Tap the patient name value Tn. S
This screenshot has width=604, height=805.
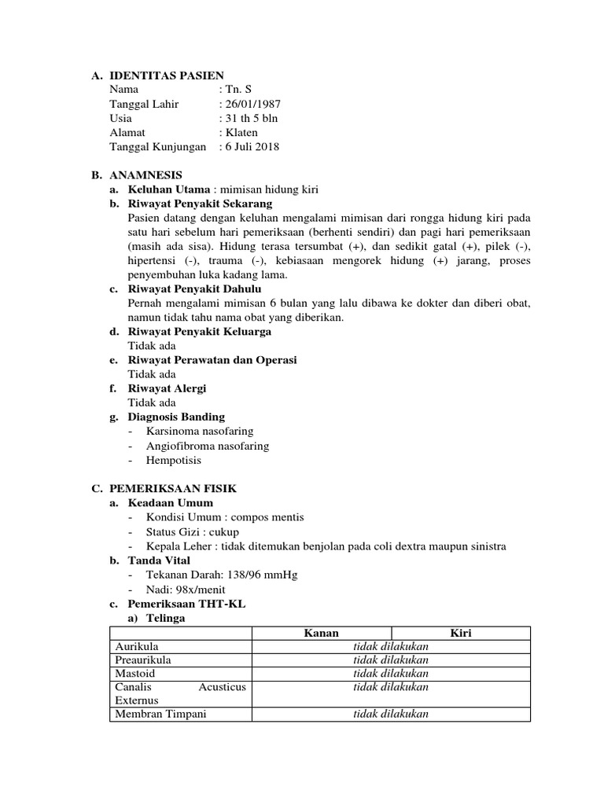238,90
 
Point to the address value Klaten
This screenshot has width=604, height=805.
241,132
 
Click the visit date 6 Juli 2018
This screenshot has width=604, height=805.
251,146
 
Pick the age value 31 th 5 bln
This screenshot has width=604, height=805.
251,118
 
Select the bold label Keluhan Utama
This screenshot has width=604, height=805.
169,189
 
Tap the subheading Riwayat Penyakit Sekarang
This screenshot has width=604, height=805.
200,204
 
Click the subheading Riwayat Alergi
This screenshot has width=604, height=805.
167,388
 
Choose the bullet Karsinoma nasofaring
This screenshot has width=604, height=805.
200,431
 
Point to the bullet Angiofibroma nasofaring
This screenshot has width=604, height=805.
208,446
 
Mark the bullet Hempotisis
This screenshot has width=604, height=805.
174,460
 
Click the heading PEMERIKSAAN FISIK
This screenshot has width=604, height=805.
173,488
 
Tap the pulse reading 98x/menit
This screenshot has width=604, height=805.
199,589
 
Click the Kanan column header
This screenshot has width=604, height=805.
321,633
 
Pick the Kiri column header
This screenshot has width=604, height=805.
460,633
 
